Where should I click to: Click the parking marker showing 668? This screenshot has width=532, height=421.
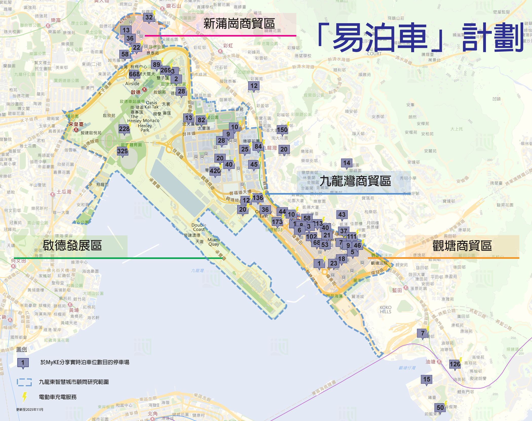[x=134, y=74]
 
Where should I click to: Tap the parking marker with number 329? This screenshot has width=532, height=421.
[x=123, y=151]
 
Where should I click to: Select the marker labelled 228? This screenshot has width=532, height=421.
[x=124, y=129]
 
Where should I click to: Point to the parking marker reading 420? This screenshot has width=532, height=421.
[x=215, y=171]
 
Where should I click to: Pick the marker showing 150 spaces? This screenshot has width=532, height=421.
[x=282, y=130]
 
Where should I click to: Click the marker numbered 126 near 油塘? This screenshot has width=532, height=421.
[x=455, y=364]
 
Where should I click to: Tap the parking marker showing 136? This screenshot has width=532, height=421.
[x=258, y=198]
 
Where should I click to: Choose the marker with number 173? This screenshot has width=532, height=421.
[x=277, y=222]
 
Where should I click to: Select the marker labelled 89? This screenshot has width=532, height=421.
[x=156, y=65]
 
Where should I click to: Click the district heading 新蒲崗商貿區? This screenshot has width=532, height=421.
[x=239, y=24]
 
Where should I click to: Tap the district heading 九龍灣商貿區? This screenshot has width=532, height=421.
[x=355, y=181]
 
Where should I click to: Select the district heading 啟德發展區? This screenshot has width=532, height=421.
[x=72, y=245]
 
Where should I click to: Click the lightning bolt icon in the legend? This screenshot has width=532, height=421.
[x=24, y=397]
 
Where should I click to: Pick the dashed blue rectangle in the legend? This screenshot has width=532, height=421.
[x=24, y=382]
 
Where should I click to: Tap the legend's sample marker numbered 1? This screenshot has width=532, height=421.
[x=23, y=363]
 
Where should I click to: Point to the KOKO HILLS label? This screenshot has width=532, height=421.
[x=385, y=309]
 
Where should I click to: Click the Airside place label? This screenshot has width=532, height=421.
[x=132, y=83]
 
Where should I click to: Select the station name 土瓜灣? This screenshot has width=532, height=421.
[x=64, y=192]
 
